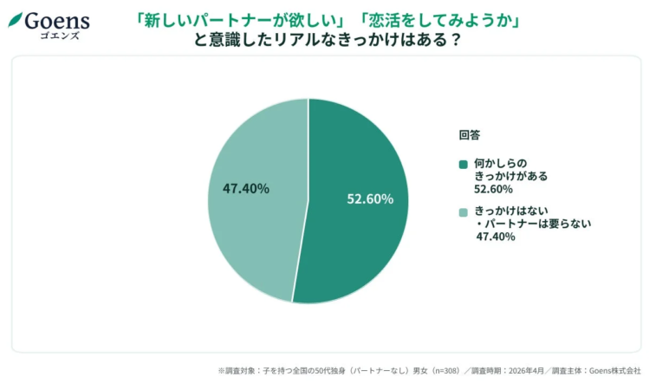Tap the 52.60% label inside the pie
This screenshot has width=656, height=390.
point(370,199)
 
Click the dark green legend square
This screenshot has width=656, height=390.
point(464,163)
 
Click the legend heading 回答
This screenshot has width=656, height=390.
point(469,135)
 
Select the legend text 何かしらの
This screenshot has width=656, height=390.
point(497,163)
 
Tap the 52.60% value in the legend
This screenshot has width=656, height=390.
point(493,188)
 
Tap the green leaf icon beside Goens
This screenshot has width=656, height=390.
point(15,19)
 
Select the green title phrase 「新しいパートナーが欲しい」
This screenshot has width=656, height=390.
point(239,20)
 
